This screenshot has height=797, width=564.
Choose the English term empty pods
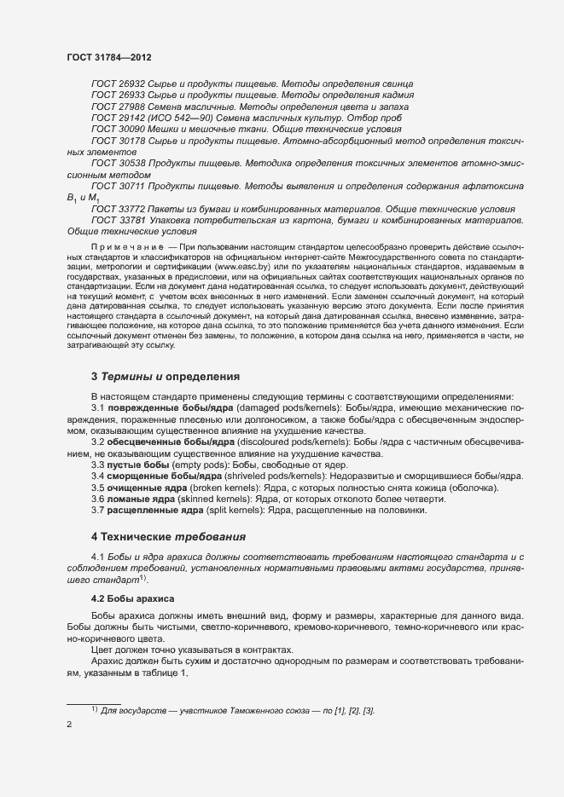pyautogui.click(x=183, y=465)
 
